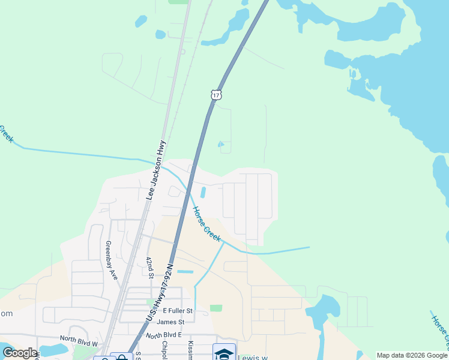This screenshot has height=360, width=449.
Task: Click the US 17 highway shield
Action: (x=217, y=95)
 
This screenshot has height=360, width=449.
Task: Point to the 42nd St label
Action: (x=150, y=266)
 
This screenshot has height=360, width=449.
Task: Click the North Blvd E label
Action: (x=163, y=335)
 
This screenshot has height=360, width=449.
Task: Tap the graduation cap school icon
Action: (x=224, y=353)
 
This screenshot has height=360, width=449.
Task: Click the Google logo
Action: (x=19, y=353)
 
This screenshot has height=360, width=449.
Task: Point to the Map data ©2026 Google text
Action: (x=412, y=355)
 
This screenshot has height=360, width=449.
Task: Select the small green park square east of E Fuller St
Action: (x=216, y=308)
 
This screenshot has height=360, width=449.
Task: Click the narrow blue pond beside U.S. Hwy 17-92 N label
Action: (x=186, y=272)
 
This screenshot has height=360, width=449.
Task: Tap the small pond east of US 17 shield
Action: (x=221, y=144)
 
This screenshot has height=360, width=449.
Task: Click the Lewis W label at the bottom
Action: (x=252, y=358)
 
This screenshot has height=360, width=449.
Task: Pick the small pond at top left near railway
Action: (x=141, y=22)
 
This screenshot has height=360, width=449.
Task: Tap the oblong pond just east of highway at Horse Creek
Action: (x=203, y=193)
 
